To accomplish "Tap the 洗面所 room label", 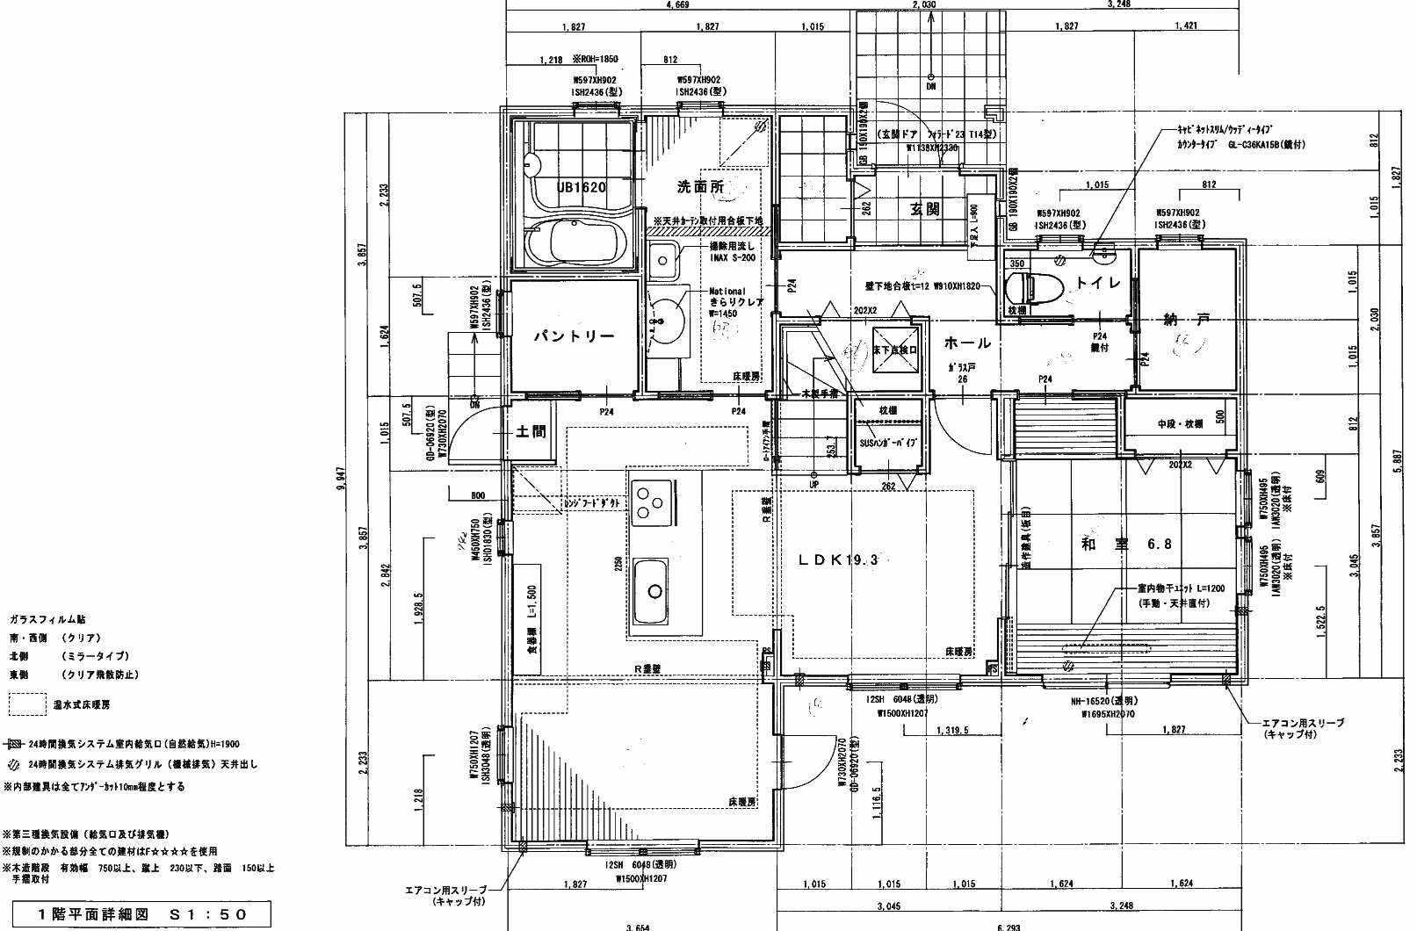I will tap(699, 187).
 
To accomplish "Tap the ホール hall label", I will tap(968, 343).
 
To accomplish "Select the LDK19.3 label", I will tap(838, 559).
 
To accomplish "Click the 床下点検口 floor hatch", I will tap(895, 350).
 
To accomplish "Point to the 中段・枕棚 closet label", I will tap(1180, 423).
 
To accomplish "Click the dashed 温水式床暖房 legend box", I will tap(27, 704).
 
